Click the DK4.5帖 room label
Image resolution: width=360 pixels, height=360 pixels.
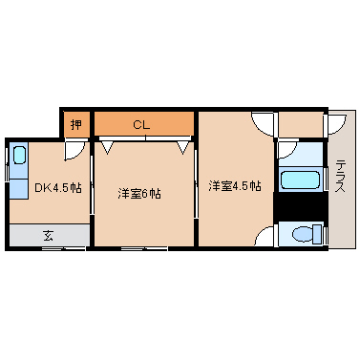click(x=58, y=188)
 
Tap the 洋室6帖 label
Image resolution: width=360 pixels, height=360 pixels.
click(x=139, y=193)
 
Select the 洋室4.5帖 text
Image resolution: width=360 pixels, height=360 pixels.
click(x=235, y=186)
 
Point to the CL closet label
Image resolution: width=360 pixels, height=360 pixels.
click(x=141, y=124)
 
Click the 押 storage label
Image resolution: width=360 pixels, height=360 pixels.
click(x=75, y=124)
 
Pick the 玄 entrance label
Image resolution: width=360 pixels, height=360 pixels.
click(x=49, y=236)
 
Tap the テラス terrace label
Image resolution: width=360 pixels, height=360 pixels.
click(x=341, y=177)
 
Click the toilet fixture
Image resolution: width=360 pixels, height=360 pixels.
click(x=307, y=234)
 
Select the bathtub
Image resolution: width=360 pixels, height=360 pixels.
click(x=300, y=180)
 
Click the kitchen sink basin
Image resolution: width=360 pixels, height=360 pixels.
click(x=19, y=155)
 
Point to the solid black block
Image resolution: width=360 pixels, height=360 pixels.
click(x=301, y=206)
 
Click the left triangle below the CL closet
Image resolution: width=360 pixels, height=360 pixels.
click(x=108, y=148)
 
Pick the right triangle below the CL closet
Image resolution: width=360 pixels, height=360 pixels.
click(x=183, y=148)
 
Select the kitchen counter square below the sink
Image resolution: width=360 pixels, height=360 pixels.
click(x=19, y=189)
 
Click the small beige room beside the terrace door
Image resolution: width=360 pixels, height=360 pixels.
click(x=301, y=124)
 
